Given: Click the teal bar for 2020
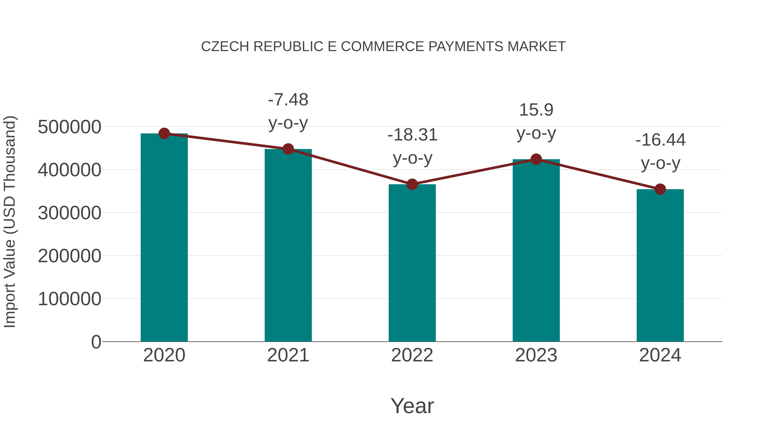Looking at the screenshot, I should (x=164, y=238).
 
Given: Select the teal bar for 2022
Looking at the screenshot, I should (x=412, y=263).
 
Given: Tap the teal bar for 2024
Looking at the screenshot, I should (x=660, y=265).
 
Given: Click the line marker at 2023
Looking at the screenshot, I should (x=536, y=159).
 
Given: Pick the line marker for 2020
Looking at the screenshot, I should (x=164, y=133).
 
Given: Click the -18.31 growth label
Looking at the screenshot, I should (x=412, y=135).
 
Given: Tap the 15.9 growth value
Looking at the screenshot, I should (x=536, y=110).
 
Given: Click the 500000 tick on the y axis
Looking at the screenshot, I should (x=69, y=127).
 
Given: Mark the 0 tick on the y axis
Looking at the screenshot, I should (x=96, y=342).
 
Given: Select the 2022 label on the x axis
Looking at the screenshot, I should (x=412, y=355).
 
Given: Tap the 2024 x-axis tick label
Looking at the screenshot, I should (x=660, y=355).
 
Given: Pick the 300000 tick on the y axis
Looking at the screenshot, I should (x=69, y=213).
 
